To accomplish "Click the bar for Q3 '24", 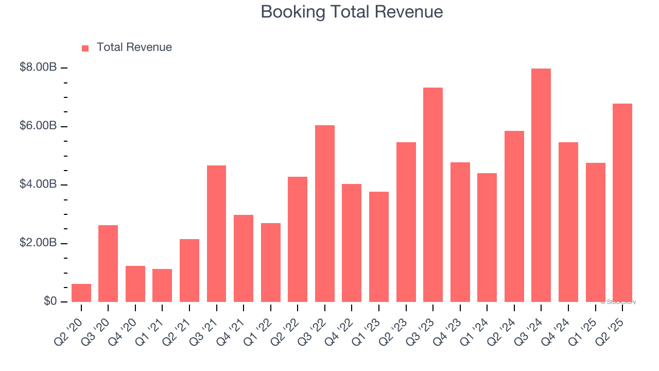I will [x=541, y=185].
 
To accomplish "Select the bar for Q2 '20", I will [x=81, y=293].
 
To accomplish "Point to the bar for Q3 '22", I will [x=325, y=213].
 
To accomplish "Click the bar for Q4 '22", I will [x=352, y=243].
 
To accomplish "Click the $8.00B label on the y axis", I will [x=38, y=68].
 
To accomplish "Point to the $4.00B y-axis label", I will [x=38, y=184].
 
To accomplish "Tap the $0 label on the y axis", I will [x=50, y=301].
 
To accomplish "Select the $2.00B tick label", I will [x=38, y=243].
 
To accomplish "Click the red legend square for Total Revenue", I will [x=85, y=48].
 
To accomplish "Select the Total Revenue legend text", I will [x=134, y=47].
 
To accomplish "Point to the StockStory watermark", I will [x=618, y=302].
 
